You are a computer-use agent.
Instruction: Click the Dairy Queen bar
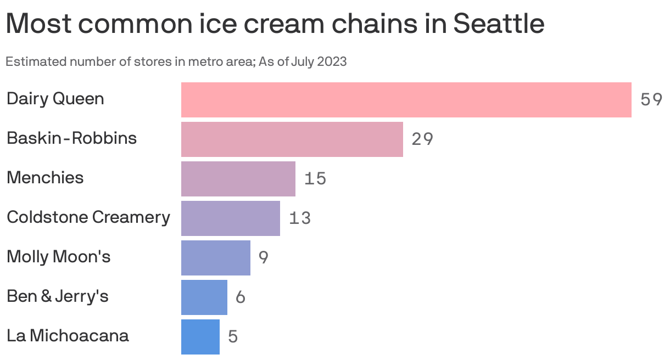tap(406, 99)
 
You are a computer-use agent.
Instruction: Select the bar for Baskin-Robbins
tap(292, 139)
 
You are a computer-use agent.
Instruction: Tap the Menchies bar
tap(238, 178)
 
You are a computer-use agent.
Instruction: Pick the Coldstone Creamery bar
tap(230, 218)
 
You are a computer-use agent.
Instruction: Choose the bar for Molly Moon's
tap(215, 257)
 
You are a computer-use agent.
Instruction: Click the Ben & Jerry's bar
tap(204, 297)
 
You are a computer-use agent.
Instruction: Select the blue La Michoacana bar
tap(200, 336)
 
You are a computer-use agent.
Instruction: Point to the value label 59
tap(651, 100)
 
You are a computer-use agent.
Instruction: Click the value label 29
tap(422, 139)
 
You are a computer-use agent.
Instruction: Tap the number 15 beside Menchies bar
tap(315, 179)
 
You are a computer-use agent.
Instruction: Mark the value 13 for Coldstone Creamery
tap(300, 218)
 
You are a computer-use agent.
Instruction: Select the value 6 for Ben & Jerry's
tap(241, 297)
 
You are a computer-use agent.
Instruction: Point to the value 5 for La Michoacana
tap(233, 337)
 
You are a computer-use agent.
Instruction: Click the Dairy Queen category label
tap(55, 99)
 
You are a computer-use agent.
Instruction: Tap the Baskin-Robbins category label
tap(71, 138)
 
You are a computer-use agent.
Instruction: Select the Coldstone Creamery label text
tap(88, 217)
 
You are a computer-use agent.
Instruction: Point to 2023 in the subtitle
tap(333, 61)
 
